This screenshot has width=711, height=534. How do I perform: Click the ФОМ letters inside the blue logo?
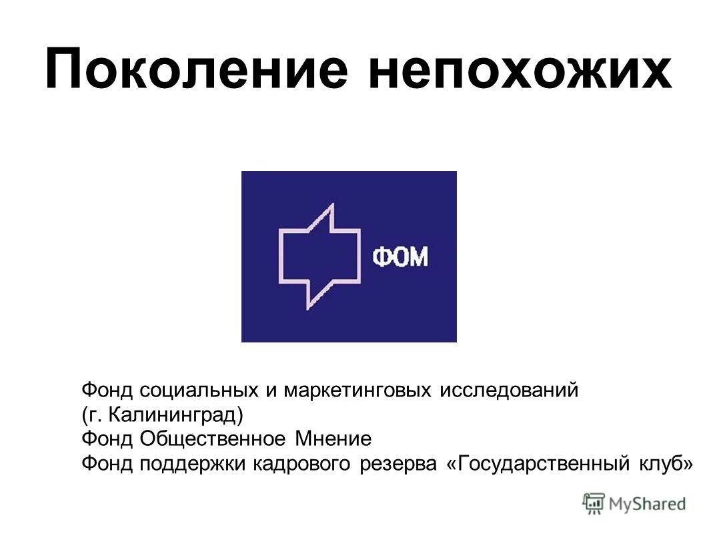tap(400, 258)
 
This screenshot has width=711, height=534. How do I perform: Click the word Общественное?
tap(213, 439)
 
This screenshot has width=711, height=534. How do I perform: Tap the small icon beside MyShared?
tap(593, 503)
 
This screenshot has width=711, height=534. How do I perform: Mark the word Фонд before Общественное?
tap(107, 439)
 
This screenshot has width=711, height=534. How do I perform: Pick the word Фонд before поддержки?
tap(107, 463)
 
